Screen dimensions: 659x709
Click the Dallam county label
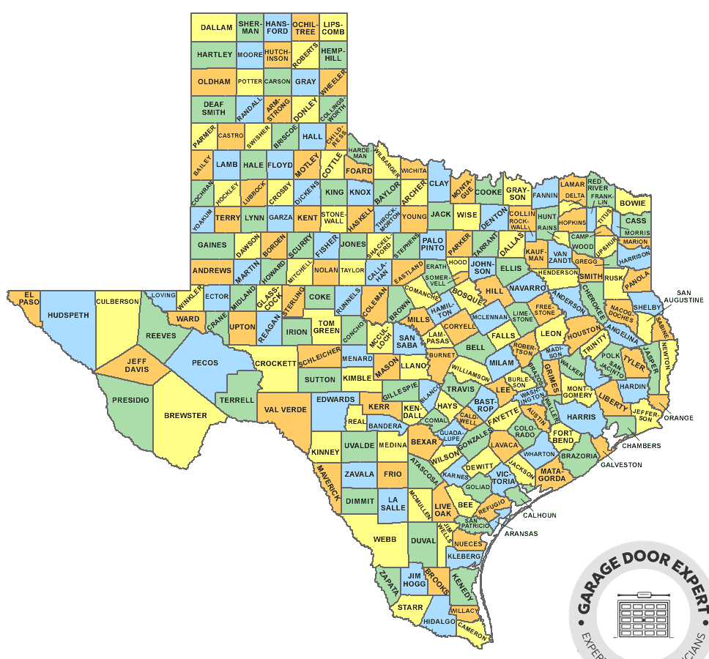click(x=216, y=28)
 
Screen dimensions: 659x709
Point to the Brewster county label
click(x=185, y=416)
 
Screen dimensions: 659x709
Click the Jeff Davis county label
click(x=137, y=365)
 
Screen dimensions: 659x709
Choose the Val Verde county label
click(x=285, y=410)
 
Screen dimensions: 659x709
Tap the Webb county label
click(x=385, y=539)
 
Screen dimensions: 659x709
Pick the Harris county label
click(x=582, y=417)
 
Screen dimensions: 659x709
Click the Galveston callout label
click(x=621, y=465)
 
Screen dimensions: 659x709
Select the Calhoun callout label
click(x=540, y=515)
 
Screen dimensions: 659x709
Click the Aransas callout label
click(x=521, y=534)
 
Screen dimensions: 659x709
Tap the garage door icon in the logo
click(x=644, y=614)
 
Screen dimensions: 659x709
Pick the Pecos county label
click(x=204, y=362)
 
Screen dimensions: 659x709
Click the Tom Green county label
click(x=327, y=327)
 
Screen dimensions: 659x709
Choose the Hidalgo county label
click(x=439, y=621)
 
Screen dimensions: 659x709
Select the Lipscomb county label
click(x=333, y=28)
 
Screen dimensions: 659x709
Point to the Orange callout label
click(x=679, y=418)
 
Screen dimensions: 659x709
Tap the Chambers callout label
click(x=642, y=445)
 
